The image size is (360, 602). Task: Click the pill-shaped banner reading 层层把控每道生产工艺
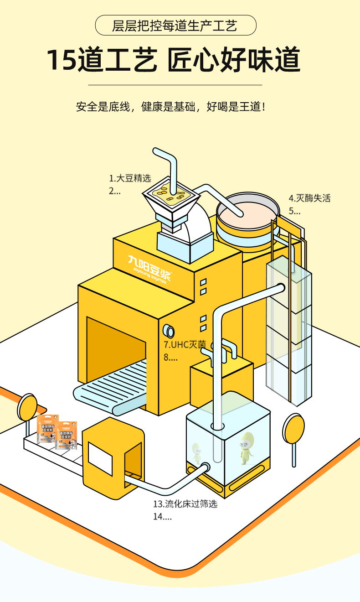tap(175, 25)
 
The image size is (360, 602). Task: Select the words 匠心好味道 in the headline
tap(234, 60)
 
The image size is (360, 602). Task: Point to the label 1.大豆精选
tap(129, 178)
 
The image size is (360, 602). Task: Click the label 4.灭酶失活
tap(309, 198)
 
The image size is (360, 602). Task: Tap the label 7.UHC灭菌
tap(185, 344)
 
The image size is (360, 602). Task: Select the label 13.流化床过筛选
tap(185, 504)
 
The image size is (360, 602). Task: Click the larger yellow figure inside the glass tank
tap(247, 447)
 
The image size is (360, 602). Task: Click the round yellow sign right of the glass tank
tap(293, 428)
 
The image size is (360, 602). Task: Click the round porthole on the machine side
tap(170, 331)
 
